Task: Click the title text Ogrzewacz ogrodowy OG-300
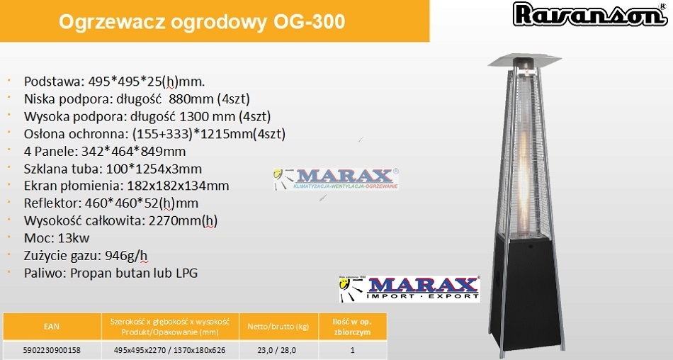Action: click(x=202, y=21)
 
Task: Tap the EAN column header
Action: click(x=52, y=327)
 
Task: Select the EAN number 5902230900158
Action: click(x=52, y=350)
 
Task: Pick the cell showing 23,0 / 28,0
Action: click(x=277, y=350)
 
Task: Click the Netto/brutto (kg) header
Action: click(x=278, y=327)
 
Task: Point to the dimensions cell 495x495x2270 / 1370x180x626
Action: click(x=169, y=350)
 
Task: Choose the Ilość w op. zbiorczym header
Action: click(x=352, y=327)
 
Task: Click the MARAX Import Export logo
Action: click(x=409, y=288)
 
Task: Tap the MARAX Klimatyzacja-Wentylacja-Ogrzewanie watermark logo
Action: click(x=336, y=179)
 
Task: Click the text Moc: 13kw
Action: click(x=57, y=238)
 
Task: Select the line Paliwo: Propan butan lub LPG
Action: click(x=111, y=274)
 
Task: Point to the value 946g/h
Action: click(x=126, y=256)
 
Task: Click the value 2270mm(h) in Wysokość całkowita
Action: click(x=183, y=221)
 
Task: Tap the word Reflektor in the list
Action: click(x=52, y=203)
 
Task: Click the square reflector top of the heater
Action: click(x=525, y=60)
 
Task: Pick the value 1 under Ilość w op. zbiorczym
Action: click(x=352, y=350)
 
